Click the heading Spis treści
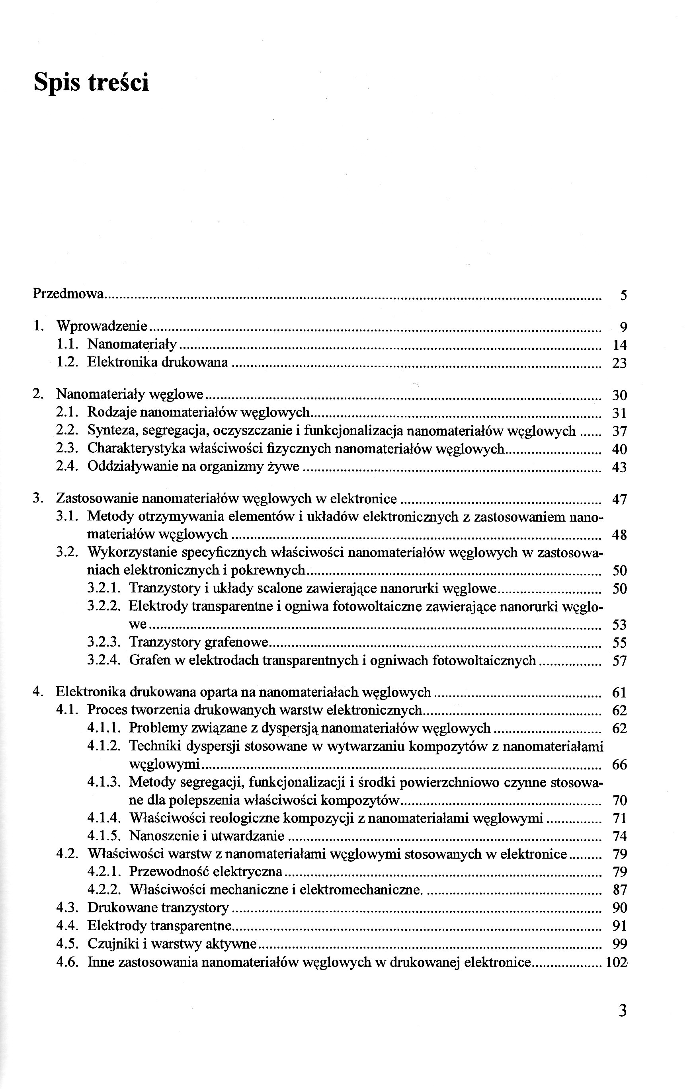point(92,82)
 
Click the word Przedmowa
point(68,294)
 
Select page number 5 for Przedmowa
point(623,296)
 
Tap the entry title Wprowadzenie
point(102,325)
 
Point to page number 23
point(619,363)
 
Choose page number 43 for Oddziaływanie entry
point(619,467)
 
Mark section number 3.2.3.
point(103,642)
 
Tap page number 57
point(619,661)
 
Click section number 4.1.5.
point(103,836)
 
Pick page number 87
point(619,890)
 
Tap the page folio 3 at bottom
point(623,1023)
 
